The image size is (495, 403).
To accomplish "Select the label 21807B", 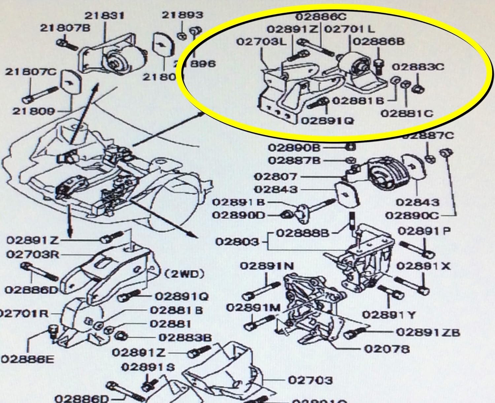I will pyautogui.click(x=65, y=28).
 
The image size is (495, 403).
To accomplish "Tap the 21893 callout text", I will pyautogui.click(x=182, y=15).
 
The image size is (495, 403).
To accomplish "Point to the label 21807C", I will pyautogui.click(x=30, y=72).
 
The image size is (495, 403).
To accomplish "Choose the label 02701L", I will pyautogui.click(x=349, y=29).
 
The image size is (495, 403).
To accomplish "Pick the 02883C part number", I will pyautogui.click(x=418, y=67).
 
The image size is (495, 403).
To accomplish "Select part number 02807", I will pyautogui.click(x=276, y=177).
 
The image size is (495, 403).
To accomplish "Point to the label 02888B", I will pyautogui.click(x=303, y=233).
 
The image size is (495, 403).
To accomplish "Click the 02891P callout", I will pyautogui.click(x=424, y=231).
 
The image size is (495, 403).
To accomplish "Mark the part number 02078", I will pyautogui.click(x=387, y=349).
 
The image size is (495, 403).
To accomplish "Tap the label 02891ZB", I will pyautogui.click(x=427, y=332).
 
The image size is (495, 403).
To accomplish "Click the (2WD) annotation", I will pyautogui.click(x=184, y=274).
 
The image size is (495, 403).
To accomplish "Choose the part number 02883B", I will pyautogui.click(x=185, y=337).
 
